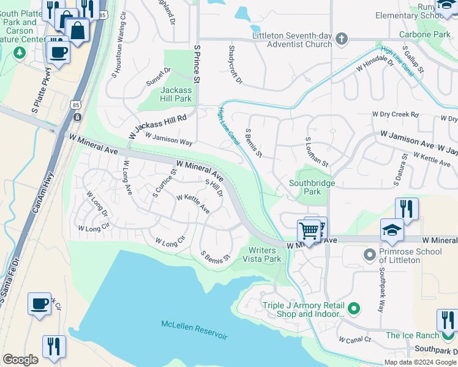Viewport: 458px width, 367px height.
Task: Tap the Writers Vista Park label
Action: click(x=265, y=254)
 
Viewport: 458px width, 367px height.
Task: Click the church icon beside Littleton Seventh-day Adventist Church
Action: click(x=342, y=40)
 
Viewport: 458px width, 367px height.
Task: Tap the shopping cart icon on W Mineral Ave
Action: click(x=310, y=231)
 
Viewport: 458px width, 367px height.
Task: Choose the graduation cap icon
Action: click(x=392, y=230)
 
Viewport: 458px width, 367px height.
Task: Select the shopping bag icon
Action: click(x=78, y=31)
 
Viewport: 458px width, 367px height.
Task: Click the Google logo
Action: click(x=20, y=359)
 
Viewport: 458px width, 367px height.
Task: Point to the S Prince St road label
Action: click(x=197, y=62)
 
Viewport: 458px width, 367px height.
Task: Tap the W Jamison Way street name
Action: click(x=168, y=139)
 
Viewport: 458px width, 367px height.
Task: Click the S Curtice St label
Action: click(x=163, y=183)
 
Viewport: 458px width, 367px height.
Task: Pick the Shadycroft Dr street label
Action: click(x=235, y=64)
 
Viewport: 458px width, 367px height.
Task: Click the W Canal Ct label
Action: click(x=355, y=339)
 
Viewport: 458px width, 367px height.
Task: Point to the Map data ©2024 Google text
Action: click(x=420, y=361)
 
